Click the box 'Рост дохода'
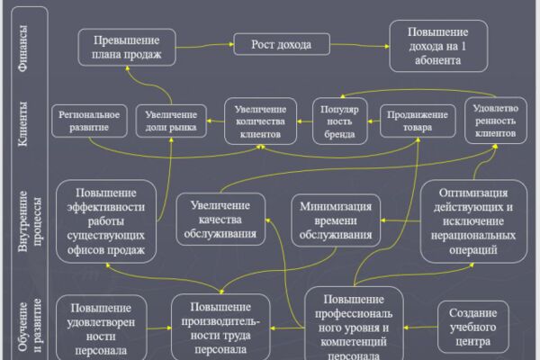[x=282, y=44]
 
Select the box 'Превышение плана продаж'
[x=127, y=47]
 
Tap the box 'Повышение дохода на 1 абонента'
[x=438, y=46]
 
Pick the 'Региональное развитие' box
[x=89, y=121]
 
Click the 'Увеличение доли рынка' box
[x=171, y=121]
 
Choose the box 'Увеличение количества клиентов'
[x=260, y=121]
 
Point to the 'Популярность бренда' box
[x=340, y=121]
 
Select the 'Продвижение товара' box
[x=418, y=121]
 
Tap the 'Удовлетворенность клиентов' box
[x=496, y=121]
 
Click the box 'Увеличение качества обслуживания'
[x=220, y=220]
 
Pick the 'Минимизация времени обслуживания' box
[x=336, y=220]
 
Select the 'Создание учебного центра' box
[x=473, y=327]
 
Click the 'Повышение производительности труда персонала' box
[x=220, y=328]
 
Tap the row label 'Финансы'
[x=22, y=49]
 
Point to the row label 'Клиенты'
[x=22, y=124]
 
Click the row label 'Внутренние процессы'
[x=30, y=221]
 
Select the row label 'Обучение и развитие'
[x=30, y=326]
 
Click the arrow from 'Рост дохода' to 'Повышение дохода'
[x=360, y=45]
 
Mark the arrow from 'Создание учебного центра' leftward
[x=420, y=328]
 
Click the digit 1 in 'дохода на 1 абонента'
[x=463, y=46]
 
